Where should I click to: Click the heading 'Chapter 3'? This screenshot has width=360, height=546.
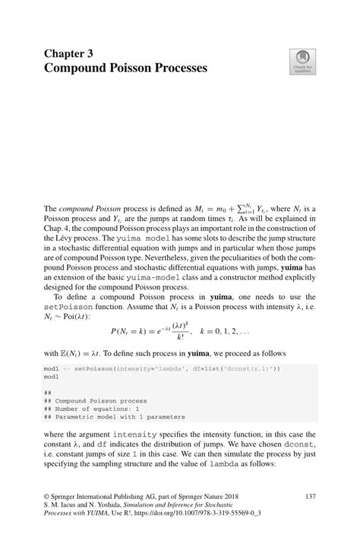74,54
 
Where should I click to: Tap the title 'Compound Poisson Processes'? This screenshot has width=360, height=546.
125,69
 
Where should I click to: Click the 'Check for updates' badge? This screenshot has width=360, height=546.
301,63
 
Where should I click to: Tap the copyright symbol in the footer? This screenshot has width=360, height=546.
48,495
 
